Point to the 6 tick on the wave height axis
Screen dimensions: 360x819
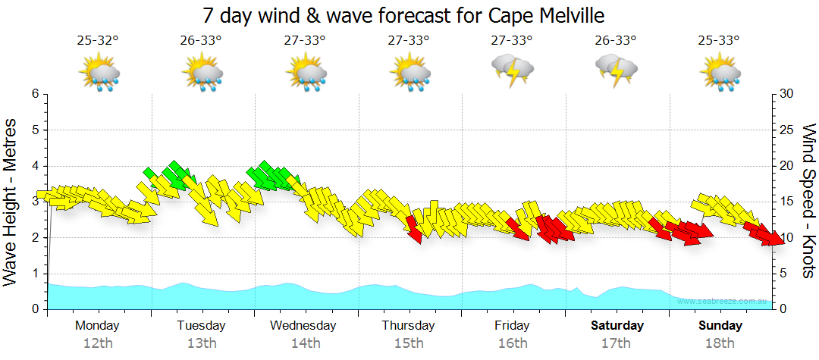[x=34, y=94]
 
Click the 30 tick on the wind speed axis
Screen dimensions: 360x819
[x=786, y=94]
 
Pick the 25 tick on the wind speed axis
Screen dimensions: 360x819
[x=786, y=130]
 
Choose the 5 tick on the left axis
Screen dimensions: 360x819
[x=34, y=130]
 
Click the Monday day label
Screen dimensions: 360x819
[x=98, y=326]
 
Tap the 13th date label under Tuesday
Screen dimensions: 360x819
[x=201, y=343]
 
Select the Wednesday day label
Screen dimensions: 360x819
[x=303, y=326]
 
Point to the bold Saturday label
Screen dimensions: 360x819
[x=617, y=326]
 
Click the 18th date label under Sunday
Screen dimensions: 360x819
[x=720, y=343]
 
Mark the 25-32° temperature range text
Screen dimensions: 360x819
[x=98, y=40]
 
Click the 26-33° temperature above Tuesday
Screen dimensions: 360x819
[x=201, y=40]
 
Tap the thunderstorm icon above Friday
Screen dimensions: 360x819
[x=513, y=70]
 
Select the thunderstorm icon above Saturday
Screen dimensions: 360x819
[x=617, y=70]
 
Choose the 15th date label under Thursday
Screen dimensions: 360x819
[x=409, y=343]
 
